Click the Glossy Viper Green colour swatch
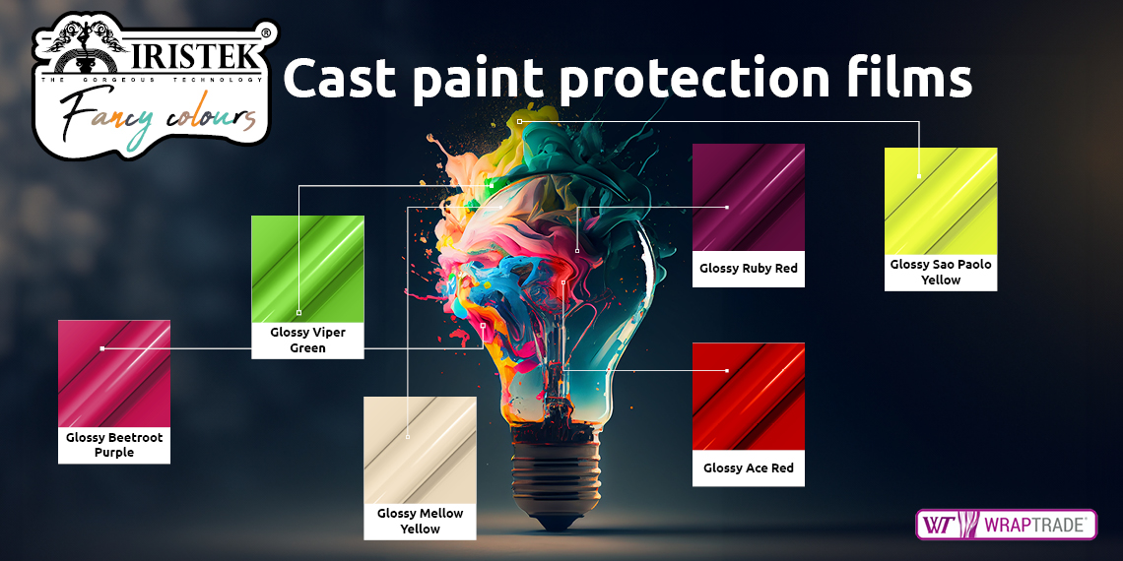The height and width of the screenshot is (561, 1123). pyautogui.click(x=307, y=269)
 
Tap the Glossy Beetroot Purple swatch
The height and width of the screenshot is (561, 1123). pyautogui.click(x=114, y=374)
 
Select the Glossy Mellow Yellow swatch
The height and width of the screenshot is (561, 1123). pyautogui.click(x=420, y=450)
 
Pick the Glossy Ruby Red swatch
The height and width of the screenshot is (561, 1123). pyautogui.click(x=749, y=198)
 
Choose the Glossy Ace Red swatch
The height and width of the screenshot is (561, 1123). pyautogui.click(x=749, y=397)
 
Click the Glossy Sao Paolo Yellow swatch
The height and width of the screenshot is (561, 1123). pyautogui.click(x=941, y=201)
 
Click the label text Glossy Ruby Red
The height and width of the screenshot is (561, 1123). pyautogui.click(x=749, y=269)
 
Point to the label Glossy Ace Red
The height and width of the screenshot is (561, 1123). pyautogui.click(x=749, y=467)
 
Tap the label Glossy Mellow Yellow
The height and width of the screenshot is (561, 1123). pyautogui.click(x=420, y=521)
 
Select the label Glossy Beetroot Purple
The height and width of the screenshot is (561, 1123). pyautogui.click(x=114, y=444)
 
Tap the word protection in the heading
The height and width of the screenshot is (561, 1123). pyautogui.click(x=694, y=80)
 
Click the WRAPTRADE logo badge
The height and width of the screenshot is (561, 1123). pyautogui.click(x=1006, y=525)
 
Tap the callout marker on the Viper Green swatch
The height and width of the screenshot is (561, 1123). pyautogui.click(x=298, y=313)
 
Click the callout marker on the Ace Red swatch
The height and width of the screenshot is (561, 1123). pyautogui.click(x=727, y=371)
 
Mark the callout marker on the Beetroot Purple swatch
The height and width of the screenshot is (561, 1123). pyautogui.click(x=102, y=348)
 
